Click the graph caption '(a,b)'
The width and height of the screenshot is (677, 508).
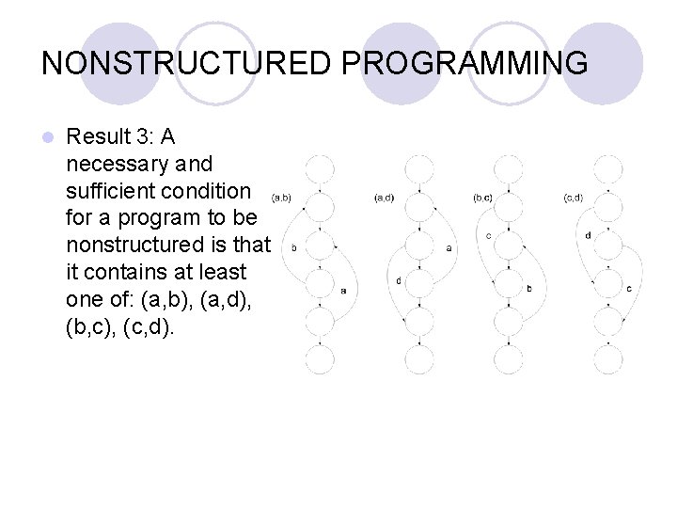280,198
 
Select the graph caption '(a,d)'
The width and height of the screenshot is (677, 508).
384,198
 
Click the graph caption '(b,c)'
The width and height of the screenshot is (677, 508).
482,198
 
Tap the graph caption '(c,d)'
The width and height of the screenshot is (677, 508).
573,198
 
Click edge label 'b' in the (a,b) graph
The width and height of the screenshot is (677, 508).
294,249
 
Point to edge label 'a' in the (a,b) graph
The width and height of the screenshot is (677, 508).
343,290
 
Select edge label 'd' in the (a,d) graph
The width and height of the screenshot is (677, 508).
399,279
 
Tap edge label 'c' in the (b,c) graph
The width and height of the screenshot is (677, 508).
489,236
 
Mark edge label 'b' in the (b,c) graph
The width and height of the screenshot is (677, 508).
529,289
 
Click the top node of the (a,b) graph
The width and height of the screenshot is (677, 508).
319,170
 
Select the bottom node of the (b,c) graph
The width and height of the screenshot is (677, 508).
510,359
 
